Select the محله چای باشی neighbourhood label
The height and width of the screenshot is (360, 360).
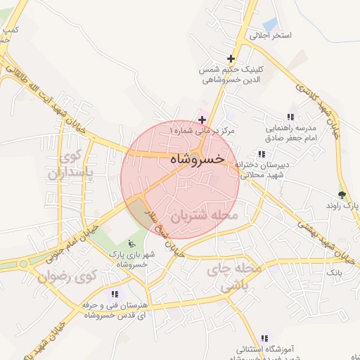click(232, 278)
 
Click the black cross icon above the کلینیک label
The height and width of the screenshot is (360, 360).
click(231, 58)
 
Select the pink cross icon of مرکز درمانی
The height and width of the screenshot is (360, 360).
click(202, 120)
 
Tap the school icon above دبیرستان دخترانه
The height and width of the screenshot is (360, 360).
click(262, 154)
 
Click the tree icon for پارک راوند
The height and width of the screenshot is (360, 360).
click(342, 194)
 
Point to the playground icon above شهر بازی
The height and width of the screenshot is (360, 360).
click(128, 243)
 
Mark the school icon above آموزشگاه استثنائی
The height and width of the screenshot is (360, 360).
click(264, 338)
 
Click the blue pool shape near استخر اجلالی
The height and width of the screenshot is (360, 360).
click(269, 25)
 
